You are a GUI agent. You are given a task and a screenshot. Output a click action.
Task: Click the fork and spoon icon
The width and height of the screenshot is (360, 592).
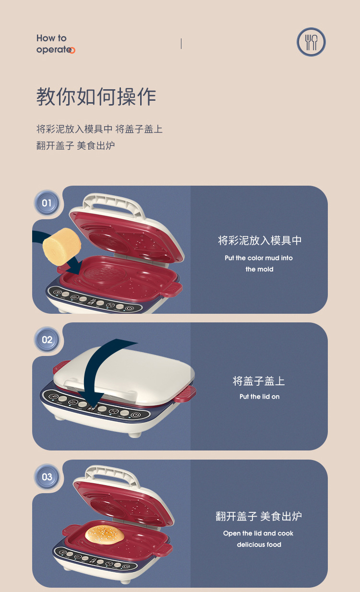[x=311, y=42]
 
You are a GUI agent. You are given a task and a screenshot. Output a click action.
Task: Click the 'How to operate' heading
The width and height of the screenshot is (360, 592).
[x=54, y=44]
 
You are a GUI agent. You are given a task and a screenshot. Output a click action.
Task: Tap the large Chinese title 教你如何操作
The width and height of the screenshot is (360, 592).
[x=96, y=97]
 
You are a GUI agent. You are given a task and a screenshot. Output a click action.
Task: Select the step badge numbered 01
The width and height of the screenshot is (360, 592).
[x=47, y=203]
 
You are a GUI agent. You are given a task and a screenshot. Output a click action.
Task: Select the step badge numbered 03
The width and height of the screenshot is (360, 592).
[x=47, y=477]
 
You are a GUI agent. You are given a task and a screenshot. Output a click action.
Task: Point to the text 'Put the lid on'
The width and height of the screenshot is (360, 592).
[x=259, y=397]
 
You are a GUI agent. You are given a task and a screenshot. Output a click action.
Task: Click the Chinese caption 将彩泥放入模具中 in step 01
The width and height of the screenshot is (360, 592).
[x=260, y=240]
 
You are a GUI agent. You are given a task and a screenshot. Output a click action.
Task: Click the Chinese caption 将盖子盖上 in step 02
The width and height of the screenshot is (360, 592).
[x=259, y=381]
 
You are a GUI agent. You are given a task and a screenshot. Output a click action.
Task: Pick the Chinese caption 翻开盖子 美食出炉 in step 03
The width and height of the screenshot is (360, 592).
[x=259, y=517]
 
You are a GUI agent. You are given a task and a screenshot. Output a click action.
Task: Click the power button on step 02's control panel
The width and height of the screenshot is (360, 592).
[x=136, y=415]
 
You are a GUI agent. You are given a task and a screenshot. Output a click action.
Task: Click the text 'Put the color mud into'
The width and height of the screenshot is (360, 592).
[x=259, y=258]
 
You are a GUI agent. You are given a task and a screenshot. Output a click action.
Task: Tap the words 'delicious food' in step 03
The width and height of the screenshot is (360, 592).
[x=259, y=545]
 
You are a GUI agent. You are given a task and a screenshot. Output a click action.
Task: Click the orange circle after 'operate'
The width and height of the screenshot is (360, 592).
[x=72, y=50]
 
